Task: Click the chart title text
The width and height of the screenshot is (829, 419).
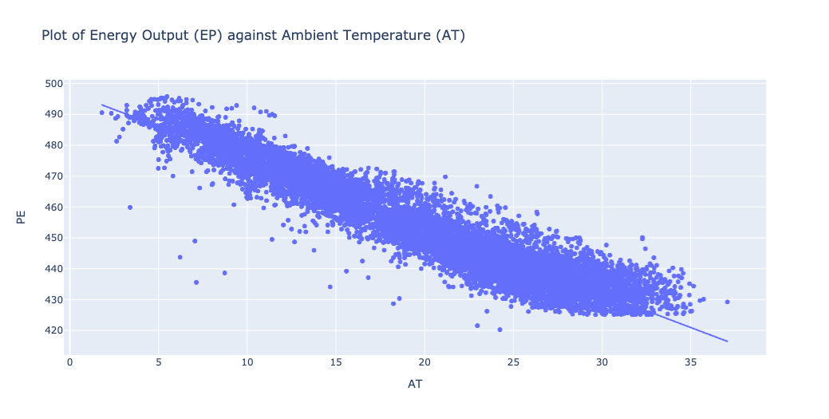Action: coord(253,36)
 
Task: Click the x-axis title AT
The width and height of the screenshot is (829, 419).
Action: coord(415,384)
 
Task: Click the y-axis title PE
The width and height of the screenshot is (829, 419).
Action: coord(22,215)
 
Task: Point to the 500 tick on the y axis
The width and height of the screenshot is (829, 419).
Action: coord(53,83)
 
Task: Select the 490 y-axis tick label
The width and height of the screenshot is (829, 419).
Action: coord(53,114)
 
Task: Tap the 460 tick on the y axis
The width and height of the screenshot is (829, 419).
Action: coord(53,207)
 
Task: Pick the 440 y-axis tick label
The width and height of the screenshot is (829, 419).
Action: coord(53,269)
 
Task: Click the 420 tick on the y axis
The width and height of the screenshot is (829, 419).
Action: coord(53,330)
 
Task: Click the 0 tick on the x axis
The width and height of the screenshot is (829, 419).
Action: coord(70,362)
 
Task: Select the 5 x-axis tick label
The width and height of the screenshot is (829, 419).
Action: coord(158,362)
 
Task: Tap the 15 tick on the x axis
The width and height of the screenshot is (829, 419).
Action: coord(336,362)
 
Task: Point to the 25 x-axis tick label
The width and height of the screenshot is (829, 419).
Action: coord(513,362)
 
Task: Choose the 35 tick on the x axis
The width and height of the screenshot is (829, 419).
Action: coord(691,362)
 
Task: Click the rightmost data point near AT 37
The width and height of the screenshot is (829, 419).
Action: coord(728,302)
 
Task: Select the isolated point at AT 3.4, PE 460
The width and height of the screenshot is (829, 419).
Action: coord(130,208)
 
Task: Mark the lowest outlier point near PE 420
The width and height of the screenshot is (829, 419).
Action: coord(500,330)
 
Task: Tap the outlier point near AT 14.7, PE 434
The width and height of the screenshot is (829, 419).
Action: coord(330,287)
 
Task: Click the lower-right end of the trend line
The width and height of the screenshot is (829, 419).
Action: coord(728,342)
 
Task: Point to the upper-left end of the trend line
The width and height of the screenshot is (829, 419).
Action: coord(101,105)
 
